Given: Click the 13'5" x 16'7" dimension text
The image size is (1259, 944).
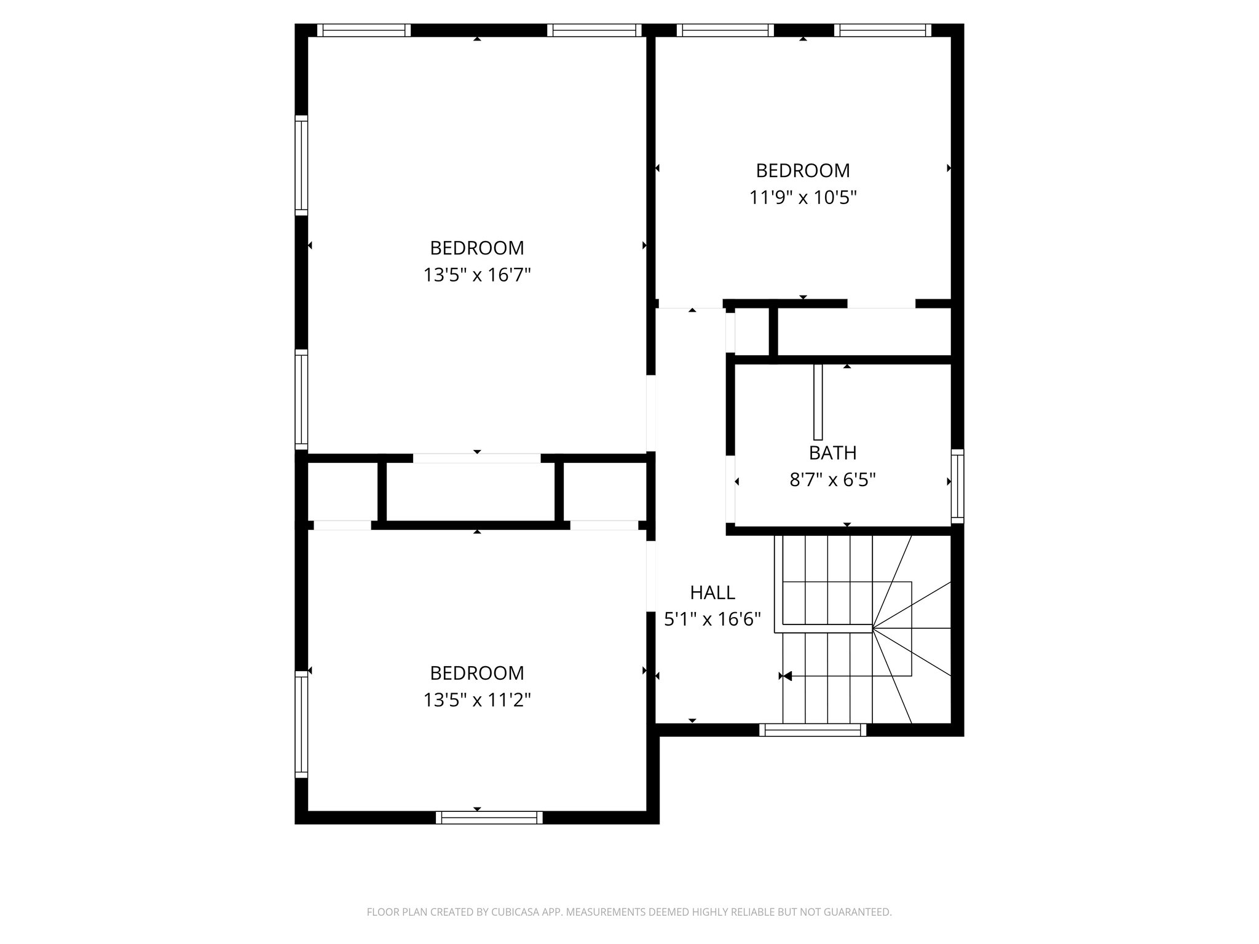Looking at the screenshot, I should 476,275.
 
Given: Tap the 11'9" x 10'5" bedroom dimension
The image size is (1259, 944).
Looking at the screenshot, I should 802,197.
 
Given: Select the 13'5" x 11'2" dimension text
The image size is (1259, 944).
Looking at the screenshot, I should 476,700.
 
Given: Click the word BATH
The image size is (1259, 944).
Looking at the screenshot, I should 832,453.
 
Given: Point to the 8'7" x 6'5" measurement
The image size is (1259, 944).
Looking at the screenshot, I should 832,479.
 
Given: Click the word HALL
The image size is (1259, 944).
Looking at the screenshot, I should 712,592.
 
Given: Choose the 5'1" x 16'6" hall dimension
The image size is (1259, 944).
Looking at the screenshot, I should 712,619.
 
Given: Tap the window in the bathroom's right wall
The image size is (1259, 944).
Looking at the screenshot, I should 957,486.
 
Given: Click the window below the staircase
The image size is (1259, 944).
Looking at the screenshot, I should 812,730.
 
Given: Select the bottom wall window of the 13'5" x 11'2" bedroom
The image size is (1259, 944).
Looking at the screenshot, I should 489,817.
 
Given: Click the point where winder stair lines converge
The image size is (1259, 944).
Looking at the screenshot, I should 872,628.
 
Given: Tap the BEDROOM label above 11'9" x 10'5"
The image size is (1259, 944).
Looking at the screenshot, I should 802,170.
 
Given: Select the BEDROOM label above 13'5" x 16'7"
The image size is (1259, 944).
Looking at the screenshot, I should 476,248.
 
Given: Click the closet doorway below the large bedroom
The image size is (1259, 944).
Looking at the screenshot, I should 476,458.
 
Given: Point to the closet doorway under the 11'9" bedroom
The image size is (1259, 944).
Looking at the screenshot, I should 881,304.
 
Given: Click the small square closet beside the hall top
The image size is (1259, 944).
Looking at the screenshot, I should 752,332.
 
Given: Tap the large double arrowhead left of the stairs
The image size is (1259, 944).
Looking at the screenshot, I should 785,676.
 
